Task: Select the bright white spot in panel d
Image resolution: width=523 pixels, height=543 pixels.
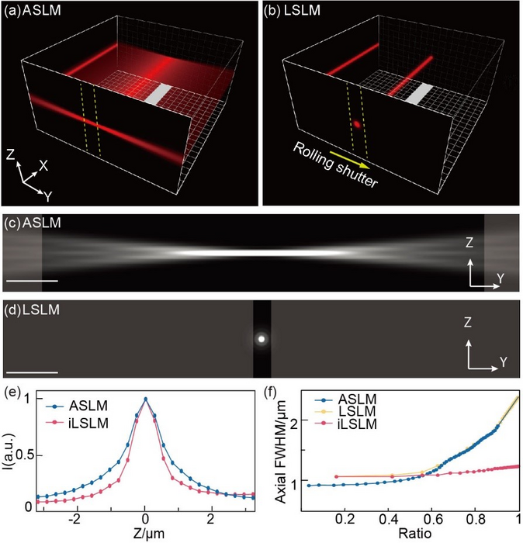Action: (261, 339)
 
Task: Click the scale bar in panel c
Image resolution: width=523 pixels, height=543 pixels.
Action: (32, 280)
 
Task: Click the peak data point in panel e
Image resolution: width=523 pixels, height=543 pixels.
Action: (145, 399)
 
